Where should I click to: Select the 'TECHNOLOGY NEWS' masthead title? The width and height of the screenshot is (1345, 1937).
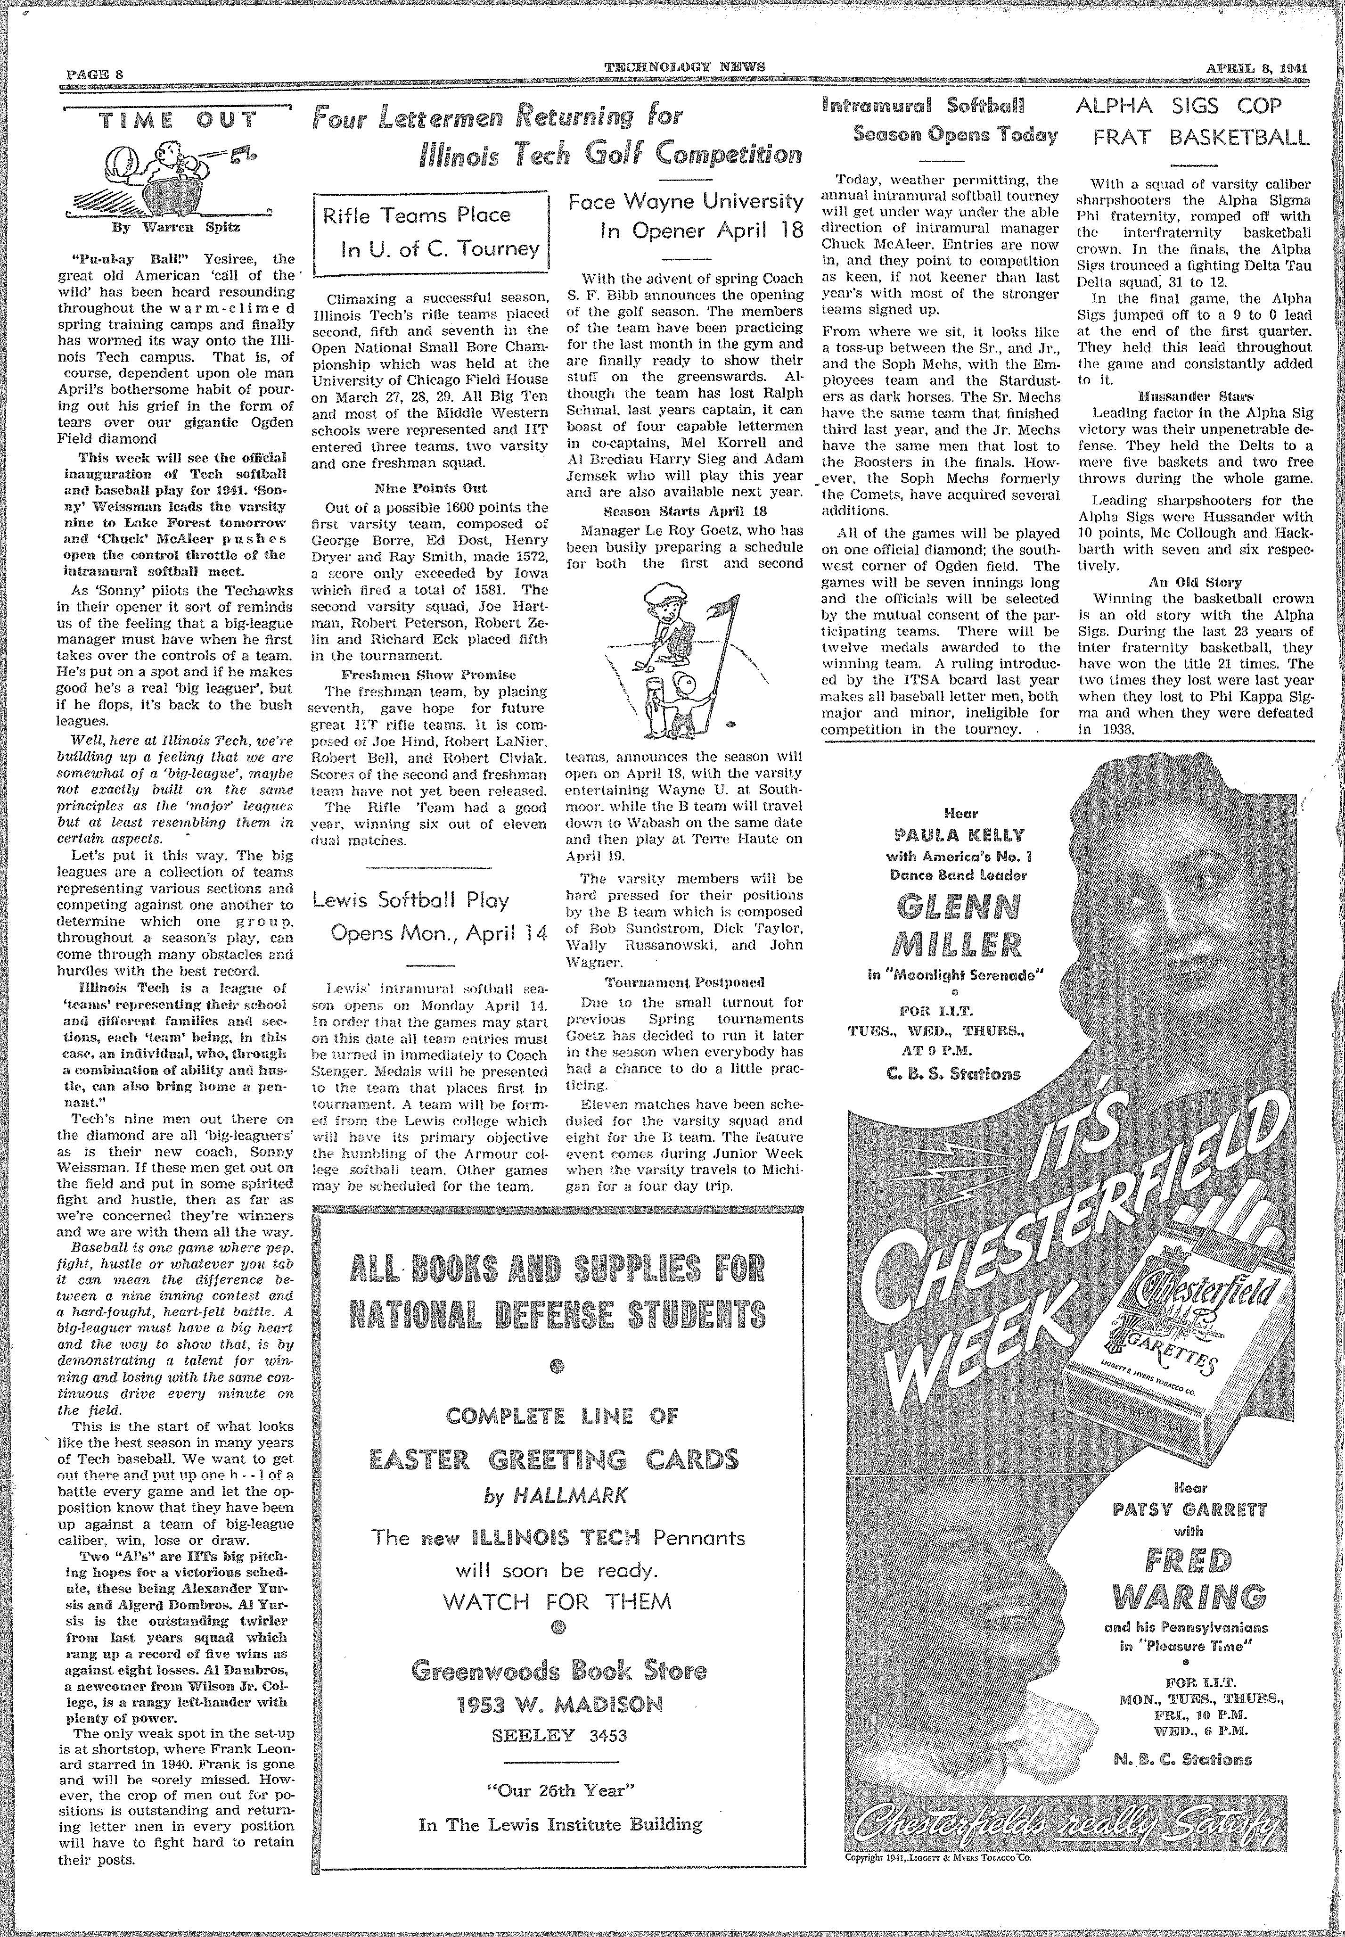(684, 67)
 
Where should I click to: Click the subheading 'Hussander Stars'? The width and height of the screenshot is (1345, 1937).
(1195, 396)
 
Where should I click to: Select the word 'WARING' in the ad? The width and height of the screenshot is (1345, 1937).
(1188, 1597)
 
